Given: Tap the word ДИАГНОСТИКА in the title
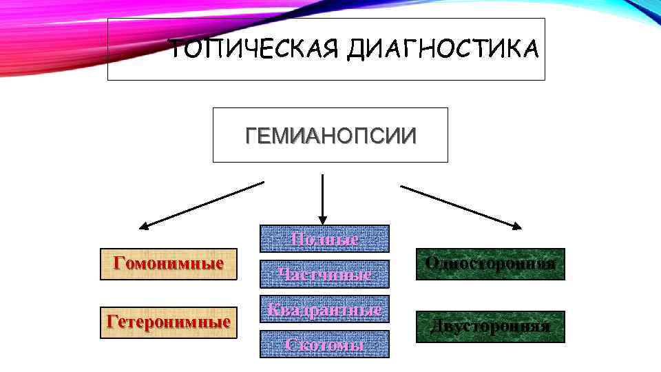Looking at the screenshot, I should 443,50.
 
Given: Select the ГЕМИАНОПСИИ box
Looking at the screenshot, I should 330,135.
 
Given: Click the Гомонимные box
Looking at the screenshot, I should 169,264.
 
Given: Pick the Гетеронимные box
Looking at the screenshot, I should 169,322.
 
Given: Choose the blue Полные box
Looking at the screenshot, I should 324,239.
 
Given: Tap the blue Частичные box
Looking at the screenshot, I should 324,274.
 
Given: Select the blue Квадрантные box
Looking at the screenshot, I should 324,309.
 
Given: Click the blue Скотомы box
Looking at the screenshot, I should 324,344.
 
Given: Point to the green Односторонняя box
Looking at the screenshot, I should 490,264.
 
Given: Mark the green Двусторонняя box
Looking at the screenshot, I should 490,327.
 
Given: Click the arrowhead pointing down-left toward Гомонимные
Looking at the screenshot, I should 145,225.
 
